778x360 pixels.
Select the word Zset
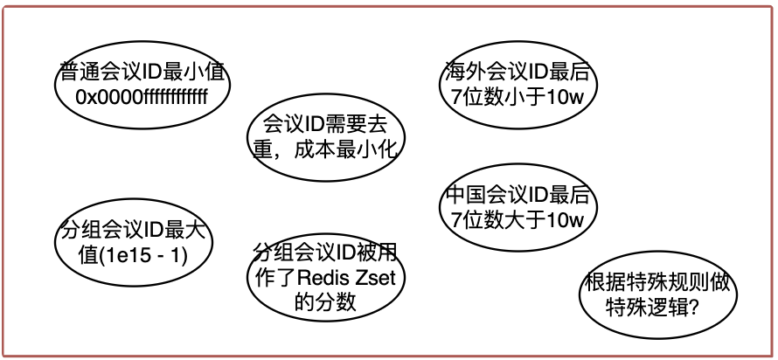tap(381, 279)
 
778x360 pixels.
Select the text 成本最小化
tap(357, 150)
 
